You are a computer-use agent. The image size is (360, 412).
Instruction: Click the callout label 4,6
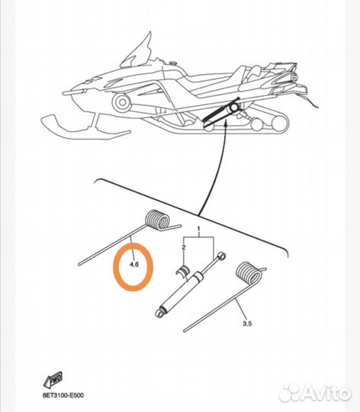134,264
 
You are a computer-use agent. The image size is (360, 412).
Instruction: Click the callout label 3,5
247,323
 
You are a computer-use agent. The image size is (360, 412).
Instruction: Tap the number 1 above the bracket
198,229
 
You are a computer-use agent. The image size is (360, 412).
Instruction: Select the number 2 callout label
184,247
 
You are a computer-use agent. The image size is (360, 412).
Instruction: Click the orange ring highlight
114,267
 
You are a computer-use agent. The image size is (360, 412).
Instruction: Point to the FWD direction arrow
53,379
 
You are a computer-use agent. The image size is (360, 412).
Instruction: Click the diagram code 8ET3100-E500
63,395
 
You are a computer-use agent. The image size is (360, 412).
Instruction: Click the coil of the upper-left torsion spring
157,220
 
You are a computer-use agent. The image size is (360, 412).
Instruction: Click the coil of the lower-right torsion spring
249,273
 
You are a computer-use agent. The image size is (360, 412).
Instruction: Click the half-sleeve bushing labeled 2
184,271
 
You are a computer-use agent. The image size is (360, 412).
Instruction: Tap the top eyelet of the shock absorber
222,256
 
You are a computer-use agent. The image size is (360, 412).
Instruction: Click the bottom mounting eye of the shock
159,313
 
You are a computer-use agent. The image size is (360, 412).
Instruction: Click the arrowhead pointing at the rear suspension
225,124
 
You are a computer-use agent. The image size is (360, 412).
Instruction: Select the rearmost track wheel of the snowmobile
279,124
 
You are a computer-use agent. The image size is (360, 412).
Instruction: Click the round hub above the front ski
121,102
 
